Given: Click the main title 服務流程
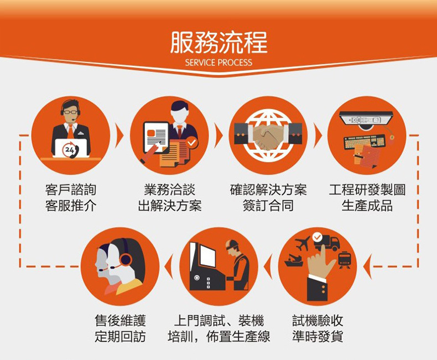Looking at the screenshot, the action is [x=219, y=43].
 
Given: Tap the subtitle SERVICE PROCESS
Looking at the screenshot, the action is [x=218, y=62].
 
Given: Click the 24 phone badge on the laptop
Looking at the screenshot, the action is [x=70, y=150].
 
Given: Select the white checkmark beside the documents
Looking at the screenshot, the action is [x=191, y=143].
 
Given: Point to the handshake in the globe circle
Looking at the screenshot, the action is [x=268, y=137].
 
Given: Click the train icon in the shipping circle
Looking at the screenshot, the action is [x=345, y=260].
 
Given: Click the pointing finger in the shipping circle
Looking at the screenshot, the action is [x=321, y=263].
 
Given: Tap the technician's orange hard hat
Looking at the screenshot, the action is [x=232, y=244].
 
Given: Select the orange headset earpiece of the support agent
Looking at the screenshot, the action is [x=125, y=259].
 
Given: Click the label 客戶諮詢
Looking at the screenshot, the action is [x=70, y=190].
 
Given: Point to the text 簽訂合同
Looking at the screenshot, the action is [x=268, y=206].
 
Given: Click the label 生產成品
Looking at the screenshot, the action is [x=367, y=206].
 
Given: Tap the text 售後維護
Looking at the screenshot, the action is [x=120, y=320].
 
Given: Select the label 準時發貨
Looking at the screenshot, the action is [x=318, y=336].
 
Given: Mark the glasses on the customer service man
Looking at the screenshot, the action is [x=70, y=112].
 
